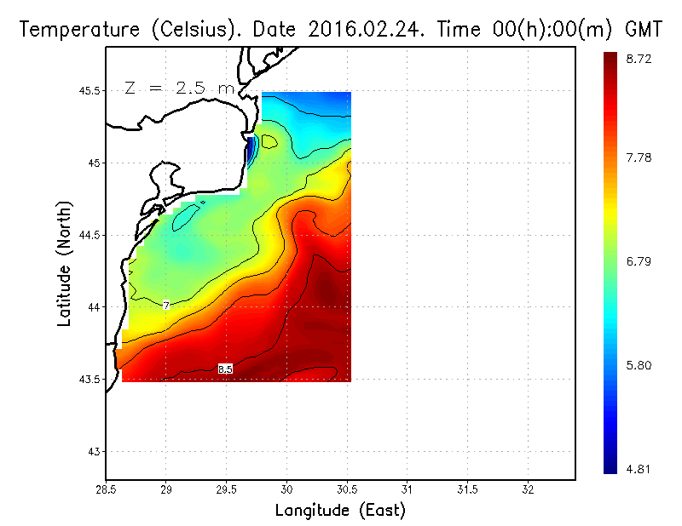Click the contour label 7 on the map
click(x=165, y=305)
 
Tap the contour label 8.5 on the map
click(x=225, y=369)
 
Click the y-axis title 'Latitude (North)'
click(x=65, y=263)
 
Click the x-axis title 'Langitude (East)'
click(x=340, y=511)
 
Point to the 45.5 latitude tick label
click(x=89, y=91)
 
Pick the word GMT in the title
click(x=644, y=30)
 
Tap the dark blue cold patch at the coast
click(x=250, y=152)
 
